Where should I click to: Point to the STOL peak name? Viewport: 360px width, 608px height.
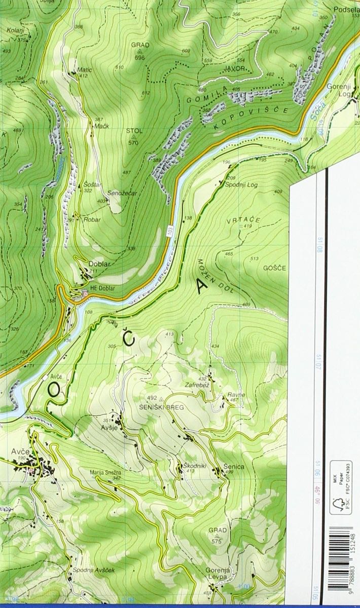tap(134, 131)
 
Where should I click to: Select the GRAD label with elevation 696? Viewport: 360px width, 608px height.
tap(140, 45)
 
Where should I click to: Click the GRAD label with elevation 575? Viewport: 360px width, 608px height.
tap(218, 530)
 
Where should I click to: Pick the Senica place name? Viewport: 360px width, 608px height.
tap(233, 467)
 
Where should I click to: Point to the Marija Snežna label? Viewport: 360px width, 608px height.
tap(105, 473)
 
